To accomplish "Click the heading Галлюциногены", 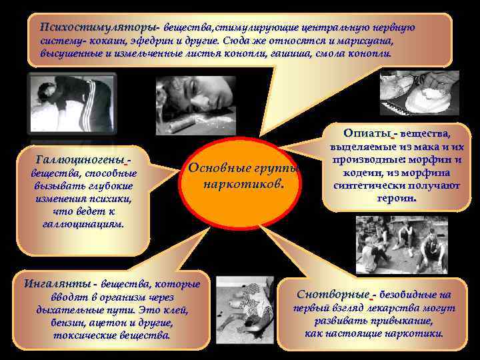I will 81,160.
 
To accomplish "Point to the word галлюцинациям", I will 83,224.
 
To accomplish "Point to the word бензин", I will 67,323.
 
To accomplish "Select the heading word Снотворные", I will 333,294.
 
